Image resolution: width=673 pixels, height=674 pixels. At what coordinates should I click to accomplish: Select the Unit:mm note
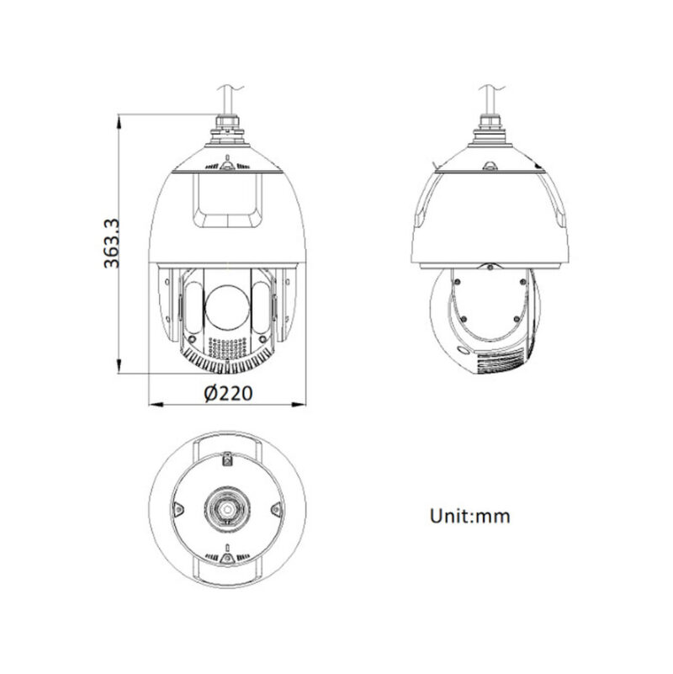(x=471, y=515)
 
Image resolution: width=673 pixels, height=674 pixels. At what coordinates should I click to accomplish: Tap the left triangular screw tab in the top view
(x=178, y=508)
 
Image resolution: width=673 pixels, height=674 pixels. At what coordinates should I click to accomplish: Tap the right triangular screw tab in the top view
(x=275, y=508)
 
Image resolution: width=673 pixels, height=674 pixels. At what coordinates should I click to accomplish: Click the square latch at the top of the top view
(x=227, y=459)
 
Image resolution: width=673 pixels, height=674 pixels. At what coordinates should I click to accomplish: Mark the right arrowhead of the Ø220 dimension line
(x=301, y=403)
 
